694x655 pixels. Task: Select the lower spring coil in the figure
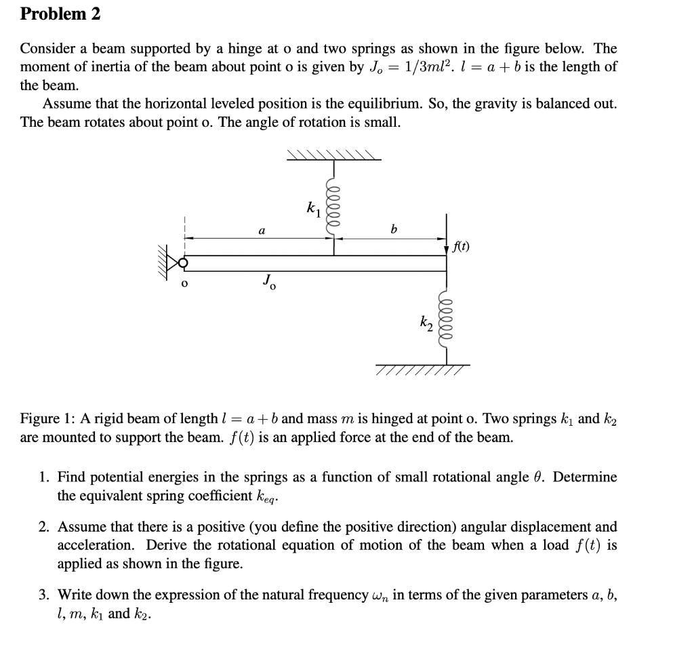click(446, 322)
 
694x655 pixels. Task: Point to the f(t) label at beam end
click(460, 247)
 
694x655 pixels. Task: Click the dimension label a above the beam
click(261, 231)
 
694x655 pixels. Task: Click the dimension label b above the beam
click(393, 231)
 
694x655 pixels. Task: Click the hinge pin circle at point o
click(182, 262)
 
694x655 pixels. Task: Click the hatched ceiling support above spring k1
click(333, 155)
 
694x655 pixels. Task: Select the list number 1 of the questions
click(43, 477)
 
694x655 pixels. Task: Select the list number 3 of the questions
click(43, 595)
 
